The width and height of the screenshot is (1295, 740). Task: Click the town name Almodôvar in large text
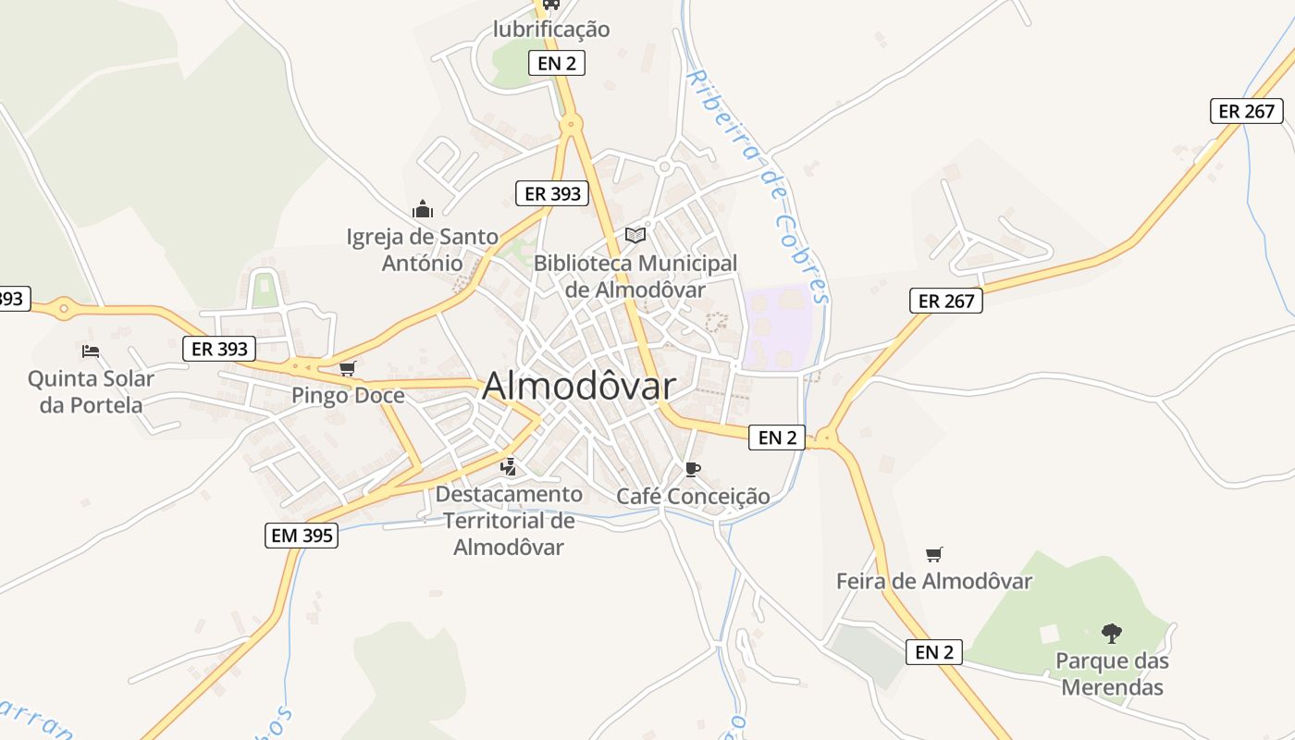click(x=578, y=386)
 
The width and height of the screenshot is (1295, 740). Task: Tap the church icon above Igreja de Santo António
click(x=423, y=209)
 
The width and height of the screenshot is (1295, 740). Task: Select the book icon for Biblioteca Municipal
click(x=635, y=235)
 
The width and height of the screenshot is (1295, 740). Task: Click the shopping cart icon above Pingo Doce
click(x=348, y=368)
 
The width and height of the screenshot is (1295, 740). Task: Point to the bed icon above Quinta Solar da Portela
click(x=91, y=351)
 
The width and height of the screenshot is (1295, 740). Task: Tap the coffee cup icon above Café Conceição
click(x=693, y=469)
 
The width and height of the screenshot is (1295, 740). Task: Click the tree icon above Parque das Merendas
click(x=1112, y=634)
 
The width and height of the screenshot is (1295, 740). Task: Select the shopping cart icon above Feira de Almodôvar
click(x=934, y=554)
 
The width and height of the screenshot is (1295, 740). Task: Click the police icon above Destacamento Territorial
click(x=508, y=467)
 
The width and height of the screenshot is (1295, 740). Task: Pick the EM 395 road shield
click(x=302, y=535)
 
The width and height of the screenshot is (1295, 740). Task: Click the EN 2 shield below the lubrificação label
click(x=557, y=63)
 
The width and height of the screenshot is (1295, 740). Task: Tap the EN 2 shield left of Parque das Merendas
click(x=934, y=652)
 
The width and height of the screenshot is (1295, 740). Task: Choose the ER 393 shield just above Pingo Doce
click(x=218, y=349)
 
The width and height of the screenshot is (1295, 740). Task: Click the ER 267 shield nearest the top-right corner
click(x=1247, y=111)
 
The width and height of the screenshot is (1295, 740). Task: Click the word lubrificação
click(x=551, y=30)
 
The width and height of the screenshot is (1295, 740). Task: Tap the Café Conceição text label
click(x=693, y=497)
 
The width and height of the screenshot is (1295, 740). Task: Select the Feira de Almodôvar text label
click(x=934, y=582)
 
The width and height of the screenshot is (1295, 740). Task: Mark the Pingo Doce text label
click(x=348, y=396)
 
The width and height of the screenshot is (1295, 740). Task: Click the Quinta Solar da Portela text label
click(x=91, y=391)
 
